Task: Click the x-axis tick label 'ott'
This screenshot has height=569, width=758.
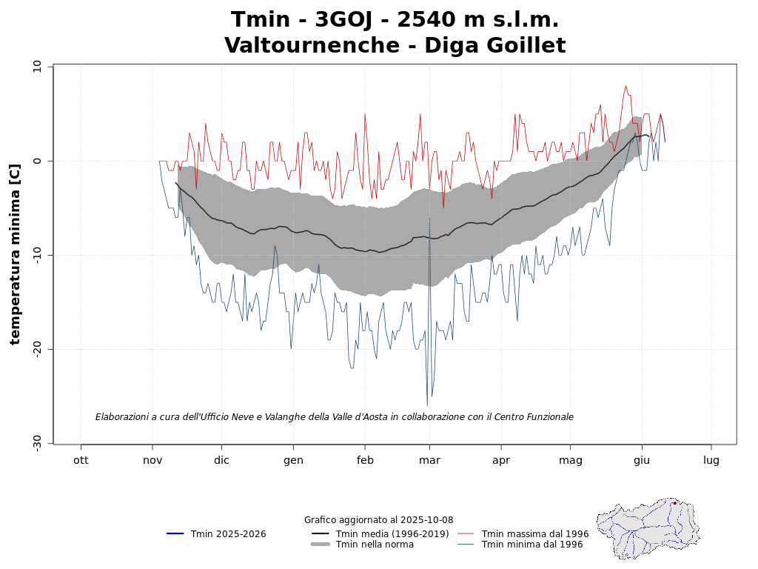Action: pos(81,460)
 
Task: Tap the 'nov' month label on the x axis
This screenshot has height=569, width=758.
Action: pos(152,460)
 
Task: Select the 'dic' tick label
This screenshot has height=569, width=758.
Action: pos(221,460)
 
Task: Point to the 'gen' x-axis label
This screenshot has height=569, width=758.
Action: pos(293,460)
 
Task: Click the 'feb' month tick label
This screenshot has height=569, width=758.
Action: pos(365,460)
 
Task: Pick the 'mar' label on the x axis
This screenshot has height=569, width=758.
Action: pos(429,460)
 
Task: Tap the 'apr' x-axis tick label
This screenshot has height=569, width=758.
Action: pos(501,460)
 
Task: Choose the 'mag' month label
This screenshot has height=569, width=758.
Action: pos(571,460)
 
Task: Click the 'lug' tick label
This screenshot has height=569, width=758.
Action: pos(711,460)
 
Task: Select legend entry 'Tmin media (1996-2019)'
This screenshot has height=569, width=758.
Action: pos(392,534)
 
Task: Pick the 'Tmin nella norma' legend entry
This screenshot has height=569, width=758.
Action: pos(375,545)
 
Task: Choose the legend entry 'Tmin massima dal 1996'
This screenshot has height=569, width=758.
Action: pos(535,534)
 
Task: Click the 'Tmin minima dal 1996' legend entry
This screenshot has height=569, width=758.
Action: pos(532,545)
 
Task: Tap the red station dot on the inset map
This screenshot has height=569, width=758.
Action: pos(674,503)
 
